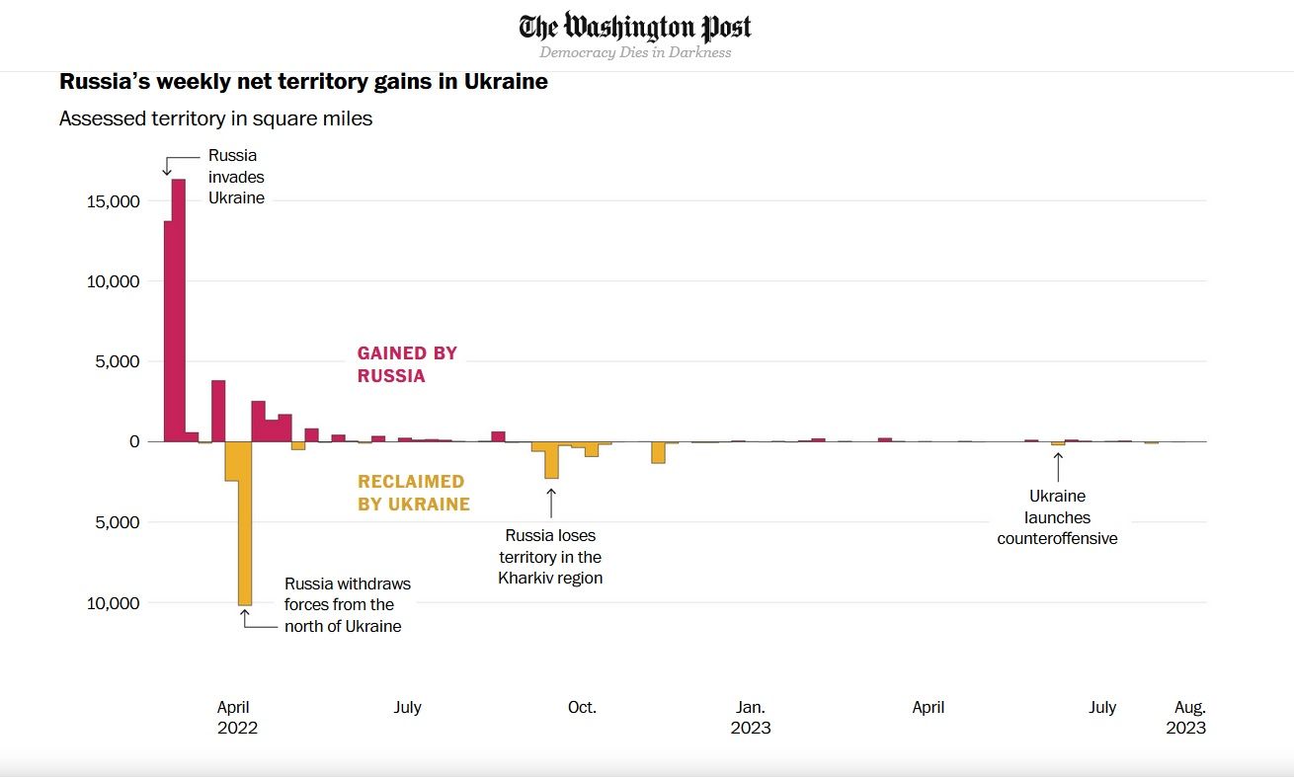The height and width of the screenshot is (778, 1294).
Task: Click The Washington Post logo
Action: [635, 27]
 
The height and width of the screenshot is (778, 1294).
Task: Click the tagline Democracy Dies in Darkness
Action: [635, 52]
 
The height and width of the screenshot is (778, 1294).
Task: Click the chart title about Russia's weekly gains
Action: [303, 81]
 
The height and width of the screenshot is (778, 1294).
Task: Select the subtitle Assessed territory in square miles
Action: [215, 118]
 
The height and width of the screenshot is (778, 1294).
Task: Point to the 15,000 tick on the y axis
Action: [115, 201]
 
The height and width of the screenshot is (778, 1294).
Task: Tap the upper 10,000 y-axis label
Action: [115, 281]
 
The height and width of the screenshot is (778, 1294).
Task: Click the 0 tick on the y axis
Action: [134, 441]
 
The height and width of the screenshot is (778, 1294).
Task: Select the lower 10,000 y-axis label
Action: [115, 602]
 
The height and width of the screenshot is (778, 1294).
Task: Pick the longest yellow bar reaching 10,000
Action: [245, 523]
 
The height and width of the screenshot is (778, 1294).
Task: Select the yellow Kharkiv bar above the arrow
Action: [551, 460]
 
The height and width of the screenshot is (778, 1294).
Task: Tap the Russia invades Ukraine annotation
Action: [235, 177]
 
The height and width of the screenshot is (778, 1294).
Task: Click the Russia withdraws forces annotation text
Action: [347, 604]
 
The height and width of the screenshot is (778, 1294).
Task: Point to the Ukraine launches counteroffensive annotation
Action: [1057, 517]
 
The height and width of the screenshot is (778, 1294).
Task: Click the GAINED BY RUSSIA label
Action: [407, 364]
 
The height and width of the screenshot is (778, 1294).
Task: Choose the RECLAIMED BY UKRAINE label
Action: [413, 493]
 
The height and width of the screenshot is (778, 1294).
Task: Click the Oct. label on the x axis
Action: [582, 707]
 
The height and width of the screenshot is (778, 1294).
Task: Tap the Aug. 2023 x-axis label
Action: [1188, 717]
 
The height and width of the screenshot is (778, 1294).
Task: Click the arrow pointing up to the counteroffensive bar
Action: [1058, 466]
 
